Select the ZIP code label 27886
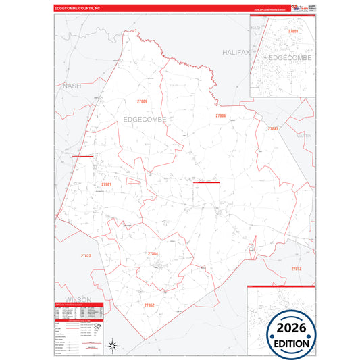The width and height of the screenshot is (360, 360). point(220,115)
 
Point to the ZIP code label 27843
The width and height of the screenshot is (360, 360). point(273,128)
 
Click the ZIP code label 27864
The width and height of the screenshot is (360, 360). point(153,253)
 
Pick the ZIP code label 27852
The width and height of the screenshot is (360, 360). point(149,305)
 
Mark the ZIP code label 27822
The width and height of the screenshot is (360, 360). point(86,255)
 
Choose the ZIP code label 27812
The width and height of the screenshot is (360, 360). point(296,269)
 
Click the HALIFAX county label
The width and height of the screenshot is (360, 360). point(236,52)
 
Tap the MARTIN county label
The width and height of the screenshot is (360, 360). point(304,136)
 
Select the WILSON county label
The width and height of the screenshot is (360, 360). point(78,299)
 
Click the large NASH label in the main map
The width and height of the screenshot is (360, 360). point(72,86)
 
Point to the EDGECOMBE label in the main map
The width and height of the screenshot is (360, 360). point(144,120)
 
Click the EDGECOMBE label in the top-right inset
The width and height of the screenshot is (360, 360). point(290,58)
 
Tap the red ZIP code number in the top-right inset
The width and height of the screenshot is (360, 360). point(292,31)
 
